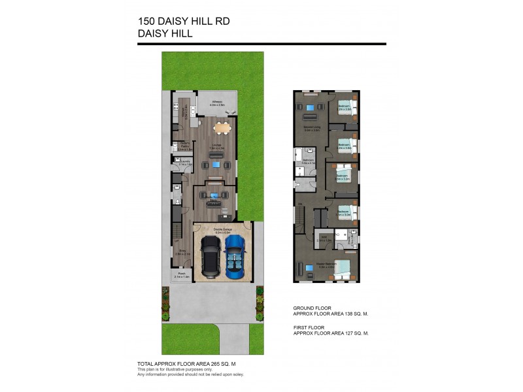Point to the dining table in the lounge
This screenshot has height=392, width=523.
click(x=219, y=128)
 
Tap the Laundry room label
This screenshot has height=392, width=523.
click(x=185, y=162)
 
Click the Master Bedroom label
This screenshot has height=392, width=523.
click(x=326, y=264)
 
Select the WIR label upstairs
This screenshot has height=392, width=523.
click(x=321, y=238)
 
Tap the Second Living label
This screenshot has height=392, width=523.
click(x=312, y=128)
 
